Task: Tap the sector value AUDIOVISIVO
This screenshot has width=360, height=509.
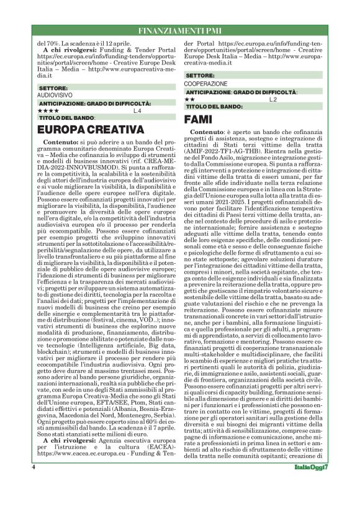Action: [x=55, y=96]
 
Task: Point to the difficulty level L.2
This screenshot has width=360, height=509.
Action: [x=272, y=99]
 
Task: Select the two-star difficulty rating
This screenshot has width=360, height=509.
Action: [x=191, y=99]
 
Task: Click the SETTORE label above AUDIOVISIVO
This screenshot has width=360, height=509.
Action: [x=52, y=89]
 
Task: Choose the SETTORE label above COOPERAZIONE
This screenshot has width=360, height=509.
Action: [x=199, y=76]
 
